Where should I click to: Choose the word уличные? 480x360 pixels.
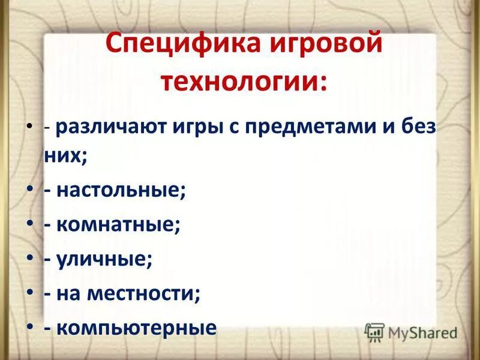(x=105, y=260)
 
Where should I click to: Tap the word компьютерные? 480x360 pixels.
(x=137, y=328)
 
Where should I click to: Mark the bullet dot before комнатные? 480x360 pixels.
(x=31, y=226)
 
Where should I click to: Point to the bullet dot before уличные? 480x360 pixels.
(x=31, y=260)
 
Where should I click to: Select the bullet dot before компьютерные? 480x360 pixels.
(x=31, y=328)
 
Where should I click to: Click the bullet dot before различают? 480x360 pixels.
(x=31, y=128)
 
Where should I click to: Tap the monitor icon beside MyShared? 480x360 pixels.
(x=374, y=332)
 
